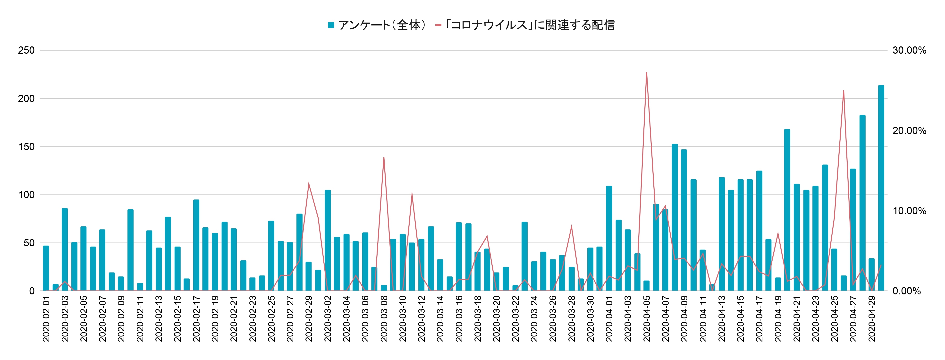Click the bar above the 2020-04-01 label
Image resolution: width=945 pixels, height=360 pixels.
click(x=609, y=239)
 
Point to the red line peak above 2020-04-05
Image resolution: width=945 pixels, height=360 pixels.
click(x=646, y=73)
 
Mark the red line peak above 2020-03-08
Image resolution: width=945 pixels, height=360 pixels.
click(x=384, y=158)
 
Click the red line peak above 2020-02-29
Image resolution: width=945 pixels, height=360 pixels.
click(x=309, y=183)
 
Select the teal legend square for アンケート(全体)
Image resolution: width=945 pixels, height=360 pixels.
click(x=331, y=25)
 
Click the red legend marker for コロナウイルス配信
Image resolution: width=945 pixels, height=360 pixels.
click(x=438, y=25)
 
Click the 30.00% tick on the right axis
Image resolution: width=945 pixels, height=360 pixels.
click(x=909, y=50)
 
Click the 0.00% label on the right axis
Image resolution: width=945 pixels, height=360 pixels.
click(x=906, y=291)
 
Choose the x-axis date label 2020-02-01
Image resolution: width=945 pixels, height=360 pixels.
click(x=46, y=318)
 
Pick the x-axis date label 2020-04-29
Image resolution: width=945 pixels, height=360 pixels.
click(x=872, y=318)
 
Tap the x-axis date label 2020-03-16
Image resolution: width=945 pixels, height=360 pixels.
click(x=459, y=318)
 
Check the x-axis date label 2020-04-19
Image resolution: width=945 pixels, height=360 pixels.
click(x=778, y=318)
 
